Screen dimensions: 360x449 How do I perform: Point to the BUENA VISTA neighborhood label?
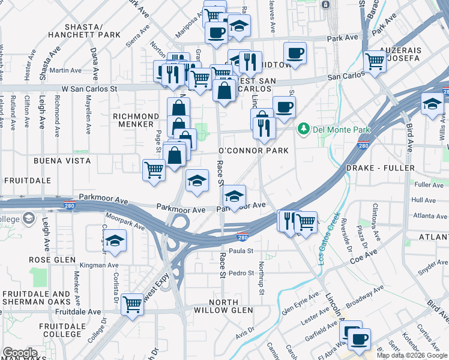click(x=62, y=161)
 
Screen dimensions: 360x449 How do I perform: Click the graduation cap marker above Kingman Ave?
click(x=114, y=241)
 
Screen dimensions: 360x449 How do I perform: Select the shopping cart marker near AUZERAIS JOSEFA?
click(x=375, y=61)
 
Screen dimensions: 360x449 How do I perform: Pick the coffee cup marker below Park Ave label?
click(x=295, y=53)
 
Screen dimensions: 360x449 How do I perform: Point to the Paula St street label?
click(x=241, y=251)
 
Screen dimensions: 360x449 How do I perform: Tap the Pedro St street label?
click(x=242, y=273)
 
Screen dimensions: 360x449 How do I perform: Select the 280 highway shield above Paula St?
click(x=243, y=237)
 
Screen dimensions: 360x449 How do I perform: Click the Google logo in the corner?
click(x=20, y=353)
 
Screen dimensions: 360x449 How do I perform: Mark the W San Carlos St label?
click(x=88, y=88)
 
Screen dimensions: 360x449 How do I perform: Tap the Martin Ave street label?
click(x=66, y=70)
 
